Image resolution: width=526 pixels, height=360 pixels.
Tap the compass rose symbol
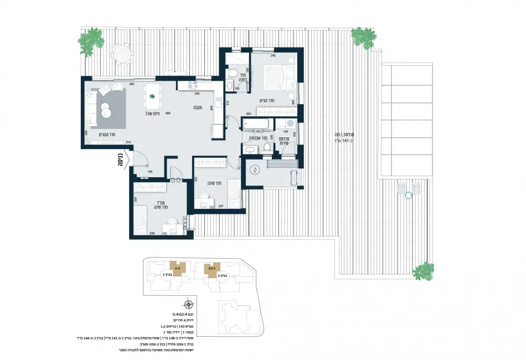click(189, 304)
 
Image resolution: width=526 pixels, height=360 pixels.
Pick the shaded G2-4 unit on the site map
click(211, 269)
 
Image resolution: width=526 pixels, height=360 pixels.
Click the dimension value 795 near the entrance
click(150, 172)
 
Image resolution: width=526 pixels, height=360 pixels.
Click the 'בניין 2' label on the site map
click(223, 275)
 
